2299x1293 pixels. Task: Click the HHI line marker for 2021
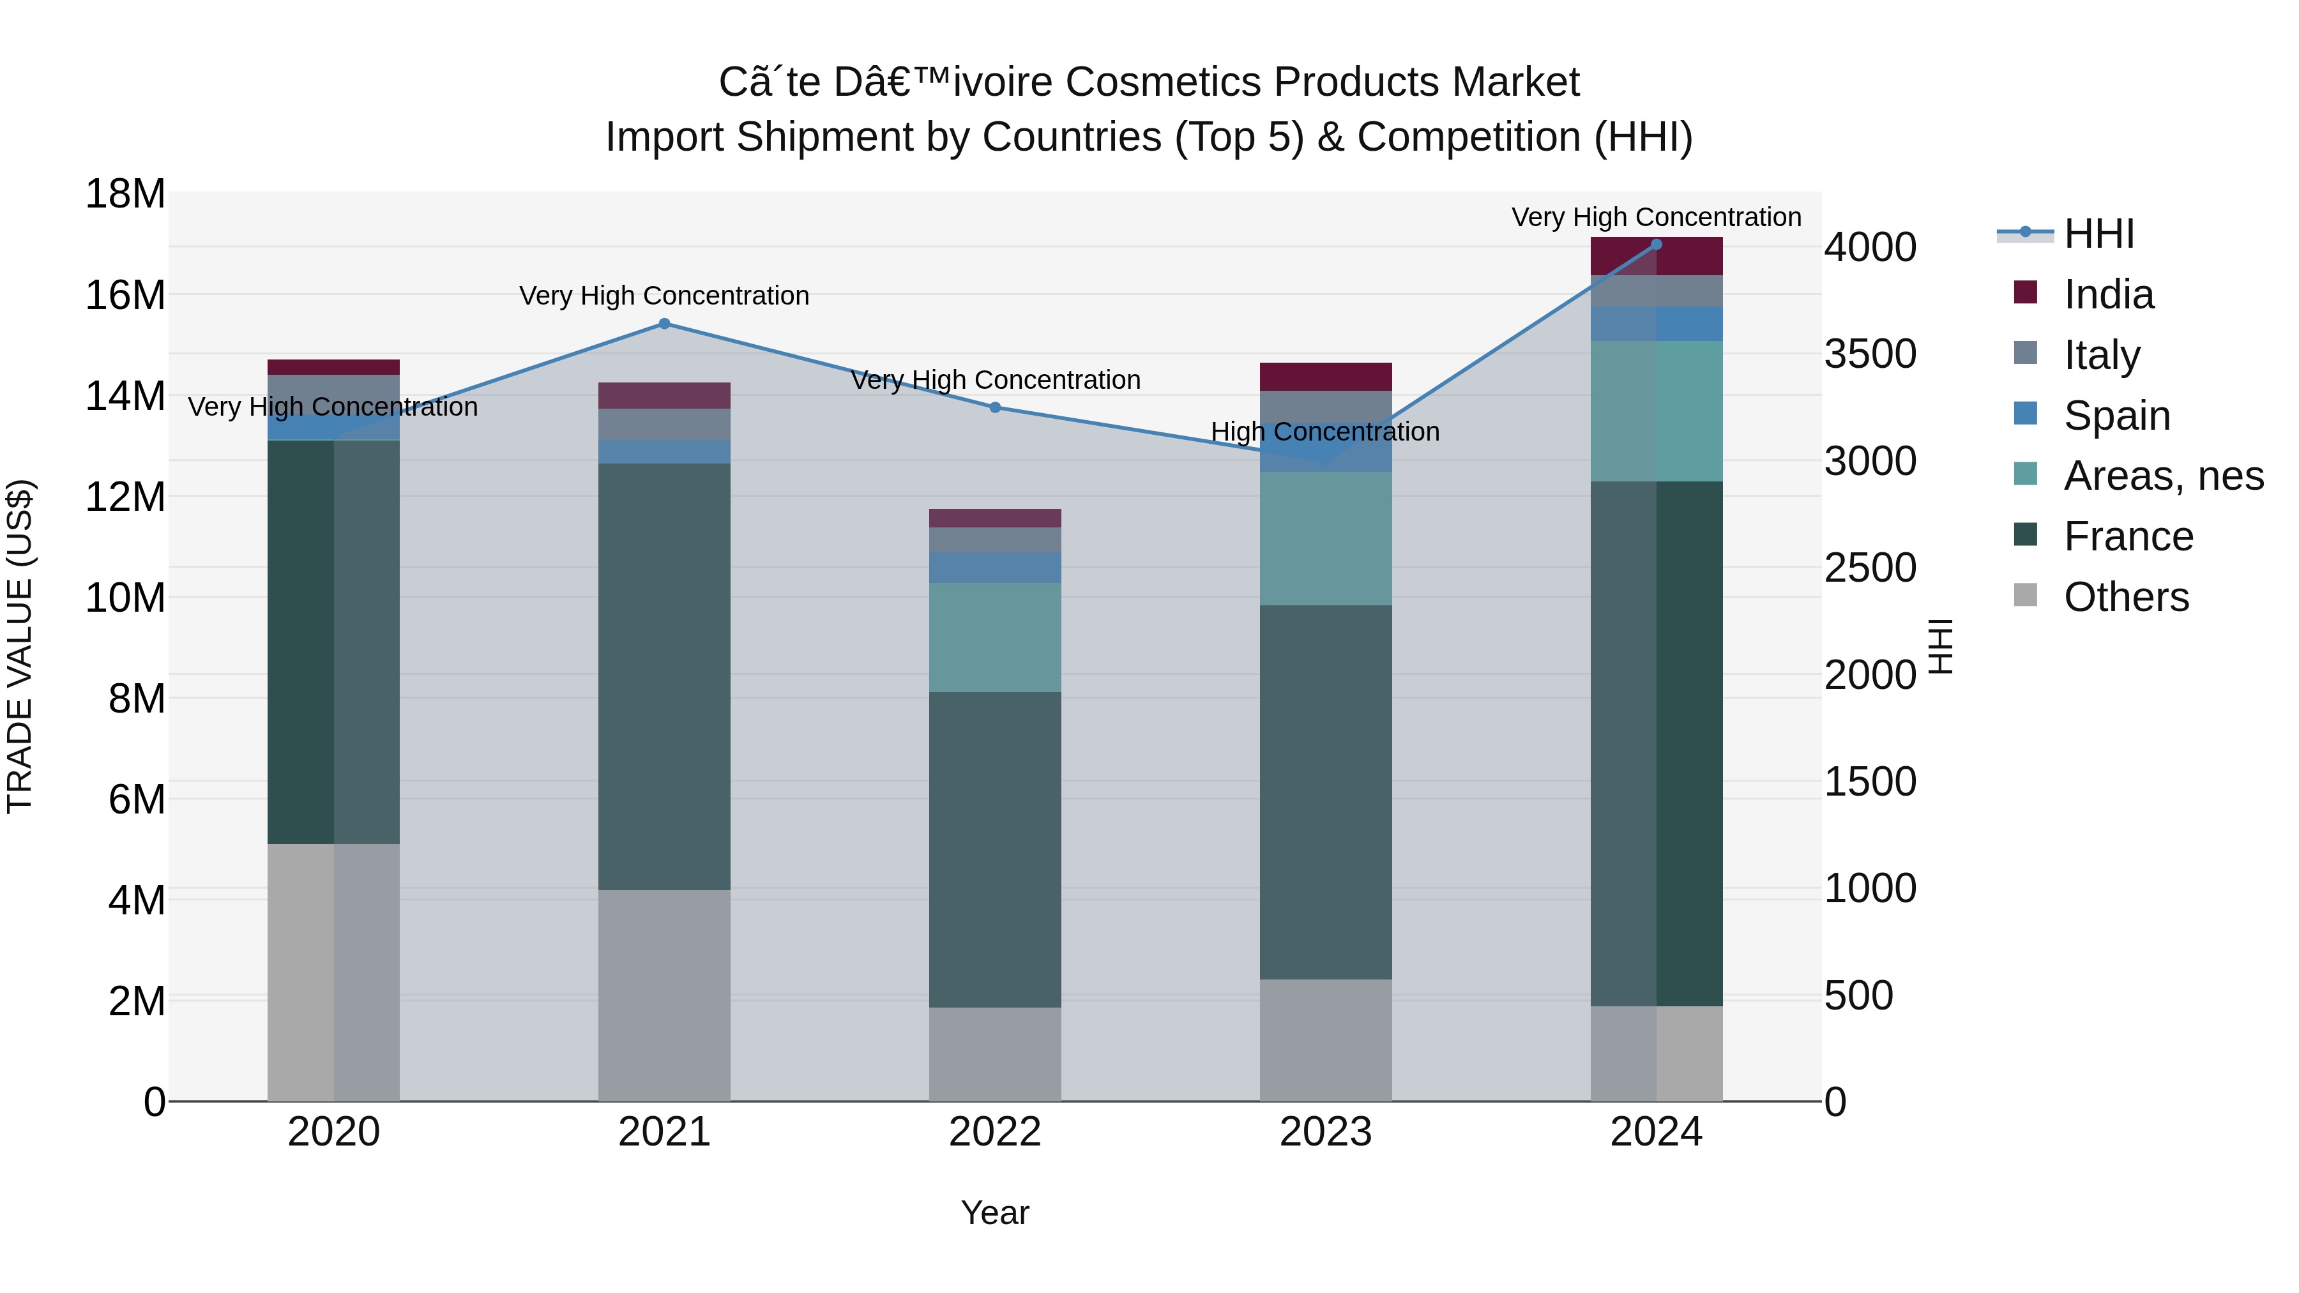pyautogui.click(x=664, y=324)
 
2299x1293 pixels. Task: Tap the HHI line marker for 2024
pyautogui.click(x=1657, y=244)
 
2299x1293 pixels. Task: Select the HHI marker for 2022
pyautogui.click(x=995, y=407)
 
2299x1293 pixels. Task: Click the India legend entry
pyautogui.click(x=2108, y=294)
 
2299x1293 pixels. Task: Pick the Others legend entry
pyautogui.click(x=2126, y=597)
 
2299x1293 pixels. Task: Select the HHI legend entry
pyautogui.click(x=2098, y=234)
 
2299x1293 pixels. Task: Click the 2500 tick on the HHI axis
pyautogui.click(x=1870, y=568)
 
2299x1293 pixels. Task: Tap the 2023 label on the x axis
pyautogui.click(x=1325, y=1132)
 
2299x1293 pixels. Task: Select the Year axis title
pyautogui.click(x=994, y=1213)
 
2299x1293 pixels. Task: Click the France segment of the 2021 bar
pyautogui.click(x=664, y=676)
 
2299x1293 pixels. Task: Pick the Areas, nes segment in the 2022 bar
pyautogui.click(x=995, y=637)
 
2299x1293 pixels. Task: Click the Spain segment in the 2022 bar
pyautogui.click(x=995, y=568)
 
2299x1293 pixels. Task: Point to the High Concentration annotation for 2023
pyautogui.click(x=1324, y=432)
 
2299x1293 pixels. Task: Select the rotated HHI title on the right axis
pyautogui.click(x=1940, y=646)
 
